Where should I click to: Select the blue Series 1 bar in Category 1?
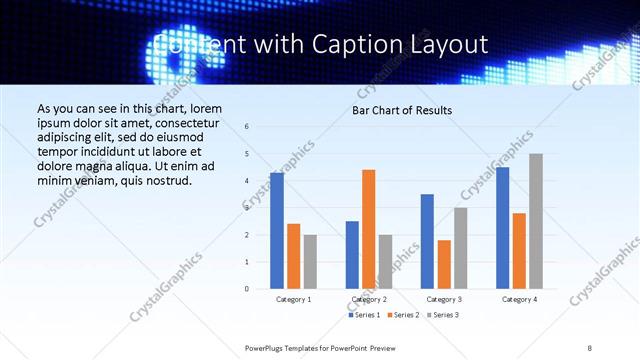(x=277, y=231)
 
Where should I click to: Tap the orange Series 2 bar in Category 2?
(x=369, y=229)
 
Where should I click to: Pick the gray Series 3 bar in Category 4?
(x=536, y=221)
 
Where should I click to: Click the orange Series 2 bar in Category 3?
(x=444, y=264)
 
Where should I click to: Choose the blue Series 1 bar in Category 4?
(x=502, y=228)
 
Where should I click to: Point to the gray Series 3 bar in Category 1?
(x=310, y=262)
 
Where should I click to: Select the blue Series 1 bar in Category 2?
(x=352, y=255)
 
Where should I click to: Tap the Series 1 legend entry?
(x=364, y=315)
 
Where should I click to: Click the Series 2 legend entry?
(x=402, y=315)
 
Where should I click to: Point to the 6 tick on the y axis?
(x=247, y=127)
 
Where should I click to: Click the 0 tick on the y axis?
(x=247, y=289)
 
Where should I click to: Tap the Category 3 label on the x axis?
(x=444, y=299)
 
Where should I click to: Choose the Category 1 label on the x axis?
(x=293, y=299)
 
